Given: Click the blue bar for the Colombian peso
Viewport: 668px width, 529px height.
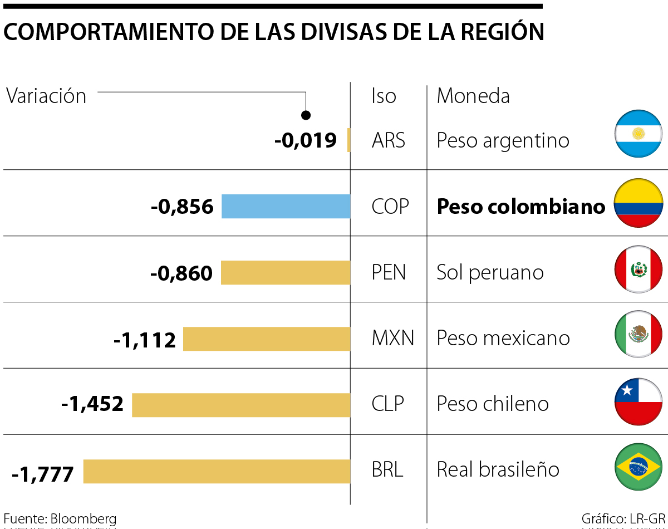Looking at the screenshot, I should tap(286, 207).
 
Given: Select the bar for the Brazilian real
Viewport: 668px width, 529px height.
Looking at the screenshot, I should tap(217, 471).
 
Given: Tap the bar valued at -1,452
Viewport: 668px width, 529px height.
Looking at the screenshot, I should tap(240, 405).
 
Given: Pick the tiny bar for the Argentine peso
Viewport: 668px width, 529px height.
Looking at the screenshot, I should tap(348, 140).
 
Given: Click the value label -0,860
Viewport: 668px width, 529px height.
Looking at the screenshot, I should tap(181, 273).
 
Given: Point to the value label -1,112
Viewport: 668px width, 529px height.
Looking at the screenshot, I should tap(145, 339).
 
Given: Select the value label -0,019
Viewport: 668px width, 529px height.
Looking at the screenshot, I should tap(306, 140).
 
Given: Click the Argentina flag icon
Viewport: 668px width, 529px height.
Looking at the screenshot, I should tap(638, 134).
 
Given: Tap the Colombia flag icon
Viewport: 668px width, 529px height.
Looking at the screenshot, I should tap(638, 203).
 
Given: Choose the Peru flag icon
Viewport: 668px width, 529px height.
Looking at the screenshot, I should tap(638, 269).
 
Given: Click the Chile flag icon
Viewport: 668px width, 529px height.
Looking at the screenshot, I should tap(638, 401).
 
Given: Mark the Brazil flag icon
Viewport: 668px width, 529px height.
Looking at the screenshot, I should tap(638, 467).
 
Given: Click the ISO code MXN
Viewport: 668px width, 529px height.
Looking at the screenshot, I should tap(392, 338).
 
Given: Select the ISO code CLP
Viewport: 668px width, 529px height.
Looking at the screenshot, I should tap(387, 404).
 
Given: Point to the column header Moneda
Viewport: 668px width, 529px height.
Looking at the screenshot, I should tap(473, 96).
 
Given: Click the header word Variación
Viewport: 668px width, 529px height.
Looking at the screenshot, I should tap(46, 96).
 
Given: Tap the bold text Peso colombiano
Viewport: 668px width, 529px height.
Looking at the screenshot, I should tap(520, 207).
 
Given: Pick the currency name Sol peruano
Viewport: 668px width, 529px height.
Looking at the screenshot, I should tap(490, 272).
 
